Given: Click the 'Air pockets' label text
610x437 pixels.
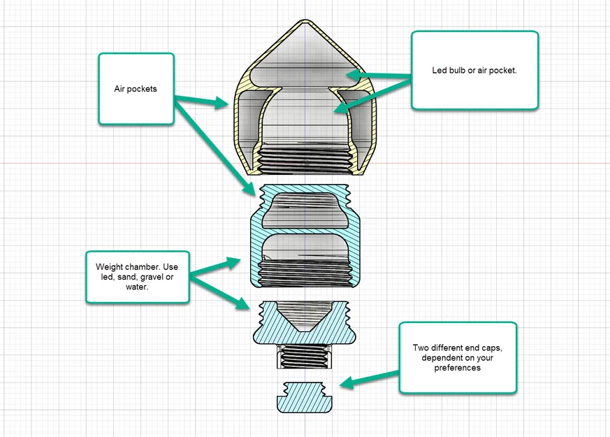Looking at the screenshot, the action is [x=136, y=89].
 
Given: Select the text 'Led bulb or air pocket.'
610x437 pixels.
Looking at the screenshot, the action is [x=474, y=71].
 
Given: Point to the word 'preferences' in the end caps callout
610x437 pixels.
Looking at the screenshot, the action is [x=458, y=368].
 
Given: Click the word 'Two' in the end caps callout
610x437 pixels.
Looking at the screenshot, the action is [x=420, y=348].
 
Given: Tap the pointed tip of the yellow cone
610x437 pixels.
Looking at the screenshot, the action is [x=305, y=20].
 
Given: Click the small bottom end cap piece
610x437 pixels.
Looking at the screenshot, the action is [x=305, y=397].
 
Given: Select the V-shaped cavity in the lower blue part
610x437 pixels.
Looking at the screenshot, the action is [x=305, y=316].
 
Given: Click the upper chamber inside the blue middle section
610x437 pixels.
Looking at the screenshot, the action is [x=305, y=210].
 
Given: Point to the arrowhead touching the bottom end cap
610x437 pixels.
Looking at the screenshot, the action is [x=347, y=383].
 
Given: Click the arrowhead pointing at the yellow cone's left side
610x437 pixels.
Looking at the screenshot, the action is [x=221, y=103].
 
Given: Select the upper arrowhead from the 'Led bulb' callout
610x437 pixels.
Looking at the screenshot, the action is [x=354, y=75].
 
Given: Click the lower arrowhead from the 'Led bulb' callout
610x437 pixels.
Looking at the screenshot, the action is [x=342, y=107].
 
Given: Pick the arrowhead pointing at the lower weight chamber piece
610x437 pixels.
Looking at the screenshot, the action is [x=243, y=304].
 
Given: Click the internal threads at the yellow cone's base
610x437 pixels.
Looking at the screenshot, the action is [x=305, y=159].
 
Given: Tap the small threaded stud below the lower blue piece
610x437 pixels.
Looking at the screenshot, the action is [x=305, y=356].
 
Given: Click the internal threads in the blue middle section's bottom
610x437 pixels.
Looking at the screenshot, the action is [x=306, y=273].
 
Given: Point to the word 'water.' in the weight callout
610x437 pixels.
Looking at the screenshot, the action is [x=136, y=287].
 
